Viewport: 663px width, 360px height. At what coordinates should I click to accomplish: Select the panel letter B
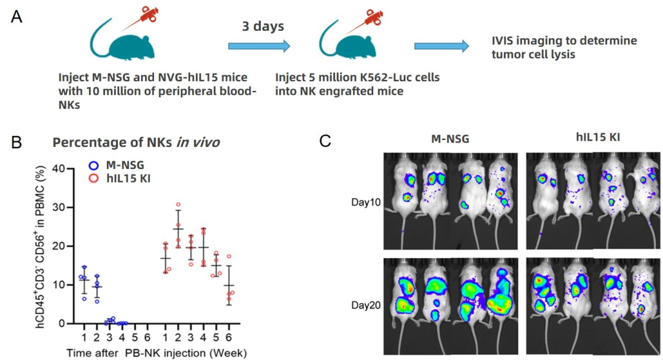(17, 142)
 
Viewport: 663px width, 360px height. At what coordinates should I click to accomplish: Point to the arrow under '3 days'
(258, 46)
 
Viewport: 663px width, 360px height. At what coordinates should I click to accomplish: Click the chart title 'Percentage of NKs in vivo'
(136, 143)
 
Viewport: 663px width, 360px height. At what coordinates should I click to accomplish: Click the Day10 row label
(366, 202)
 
